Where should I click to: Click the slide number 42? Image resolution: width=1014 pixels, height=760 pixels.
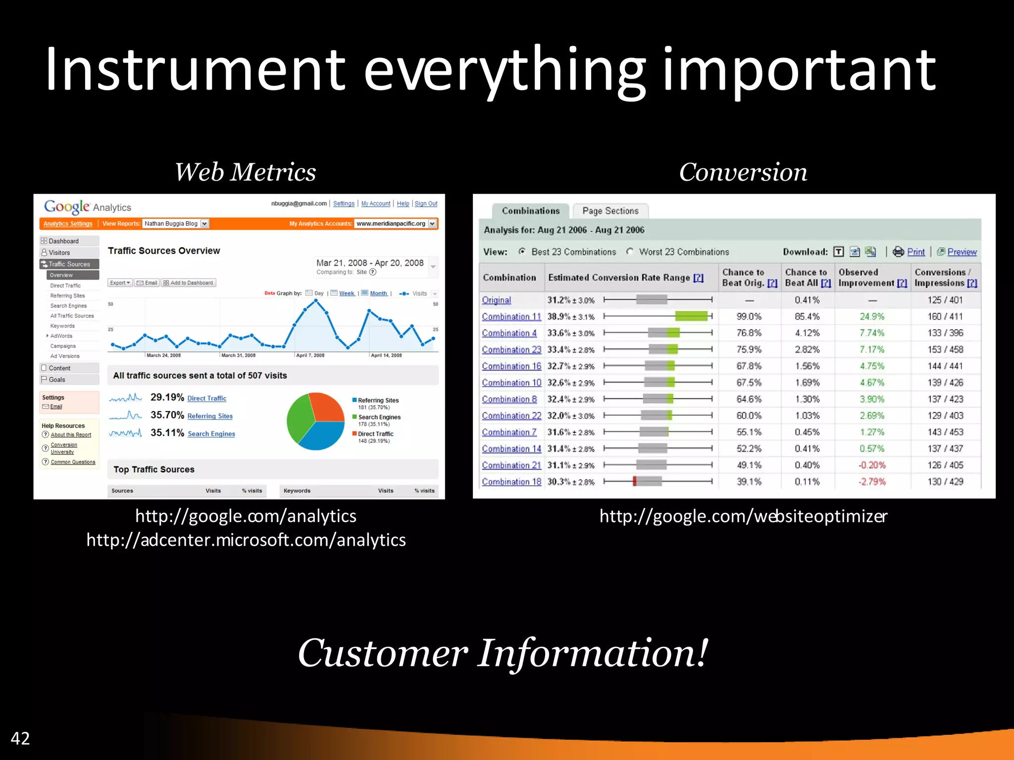pos(20,738)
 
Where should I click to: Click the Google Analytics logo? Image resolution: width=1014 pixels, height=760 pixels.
pos(88,207)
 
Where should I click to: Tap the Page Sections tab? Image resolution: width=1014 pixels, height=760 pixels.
pos(610,211)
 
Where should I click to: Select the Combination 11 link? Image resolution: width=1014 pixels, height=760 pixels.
pos(511,317)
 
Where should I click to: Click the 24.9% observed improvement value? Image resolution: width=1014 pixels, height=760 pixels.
pos(872,317)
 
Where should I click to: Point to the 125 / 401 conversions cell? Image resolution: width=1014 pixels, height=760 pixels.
pos(945,300)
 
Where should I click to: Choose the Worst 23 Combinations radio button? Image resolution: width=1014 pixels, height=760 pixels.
pos(630,252)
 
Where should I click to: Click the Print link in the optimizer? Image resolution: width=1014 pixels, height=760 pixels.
pos(915,252)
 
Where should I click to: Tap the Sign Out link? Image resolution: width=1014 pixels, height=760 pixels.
pos(426,204)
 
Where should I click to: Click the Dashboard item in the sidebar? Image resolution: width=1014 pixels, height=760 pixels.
pos(63,241)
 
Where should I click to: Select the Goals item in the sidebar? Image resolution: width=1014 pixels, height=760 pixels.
pos(57,380)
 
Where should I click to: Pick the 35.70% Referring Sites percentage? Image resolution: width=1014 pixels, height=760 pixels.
pos(167,415)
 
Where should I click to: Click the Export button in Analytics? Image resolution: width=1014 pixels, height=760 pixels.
pos(120,283)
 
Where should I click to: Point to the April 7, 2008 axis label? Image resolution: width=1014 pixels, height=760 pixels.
pos(310,355)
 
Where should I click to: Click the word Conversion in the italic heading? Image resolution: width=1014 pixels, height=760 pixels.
pos(743,172)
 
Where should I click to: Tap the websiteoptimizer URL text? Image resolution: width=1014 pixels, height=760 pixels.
pos(743,516)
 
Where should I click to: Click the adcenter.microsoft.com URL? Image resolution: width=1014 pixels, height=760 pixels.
pos(246,540)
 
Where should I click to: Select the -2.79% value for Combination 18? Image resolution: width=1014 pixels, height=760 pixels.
pos(872,482)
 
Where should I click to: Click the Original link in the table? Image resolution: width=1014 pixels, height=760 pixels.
pos(497,300)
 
